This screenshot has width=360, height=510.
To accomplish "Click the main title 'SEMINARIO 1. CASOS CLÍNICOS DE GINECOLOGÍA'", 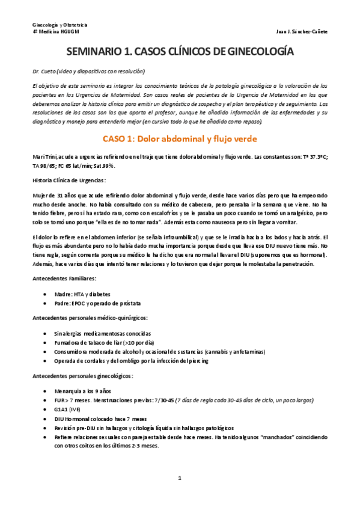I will [180, 52].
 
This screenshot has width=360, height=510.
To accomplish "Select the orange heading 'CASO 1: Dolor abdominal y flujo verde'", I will [180, 140].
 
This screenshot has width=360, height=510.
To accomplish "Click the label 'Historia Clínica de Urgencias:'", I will [70, 180].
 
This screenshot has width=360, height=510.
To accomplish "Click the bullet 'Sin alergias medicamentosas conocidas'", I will [102, 333].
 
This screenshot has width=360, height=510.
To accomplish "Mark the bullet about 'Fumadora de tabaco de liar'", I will [96, 342].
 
